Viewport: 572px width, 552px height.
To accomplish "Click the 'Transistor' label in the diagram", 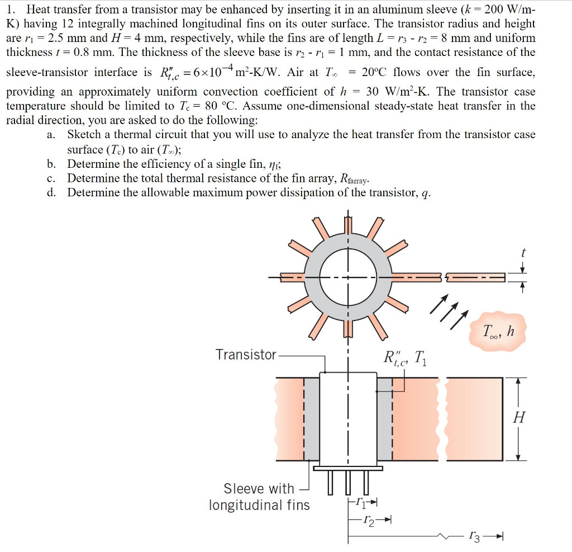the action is point(246,355).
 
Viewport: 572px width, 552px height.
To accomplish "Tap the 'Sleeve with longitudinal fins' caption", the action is point(259,497).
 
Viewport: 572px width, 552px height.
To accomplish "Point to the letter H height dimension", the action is point(519,417).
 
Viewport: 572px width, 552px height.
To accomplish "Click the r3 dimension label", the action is point(475,537).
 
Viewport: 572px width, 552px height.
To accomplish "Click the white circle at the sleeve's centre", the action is point(348,277).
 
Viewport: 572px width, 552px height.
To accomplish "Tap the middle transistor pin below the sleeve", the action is point(348,483).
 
